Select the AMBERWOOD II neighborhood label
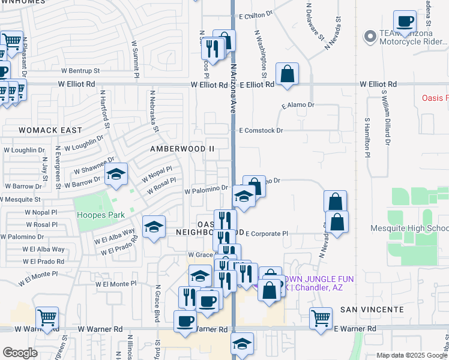coord(182,148)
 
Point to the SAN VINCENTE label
coord(372,309)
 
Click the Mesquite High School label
coord(419,228)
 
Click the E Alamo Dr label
coord(298,104)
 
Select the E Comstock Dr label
coord(261,130)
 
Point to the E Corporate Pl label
coord(267,233)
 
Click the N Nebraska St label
coord(155,111)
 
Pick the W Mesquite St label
coord(20,199)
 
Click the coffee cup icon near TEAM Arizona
coord(405,22)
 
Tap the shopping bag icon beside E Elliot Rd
coord(288,74)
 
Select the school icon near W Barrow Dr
coord(116,175)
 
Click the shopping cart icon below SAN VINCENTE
coord(321,317)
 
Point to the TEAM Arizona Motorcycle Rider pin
coord(369,37)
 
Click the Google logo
coord(20,353)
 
